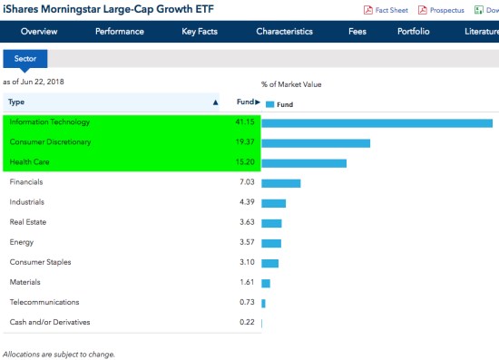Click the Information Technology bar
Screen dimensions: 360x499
(377, 122)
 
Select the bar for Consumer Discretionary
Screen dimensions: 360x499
(316, 143)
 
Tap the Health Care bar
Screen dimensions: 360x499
(304, 163)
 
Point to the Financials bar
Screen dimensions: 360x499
(280, 183)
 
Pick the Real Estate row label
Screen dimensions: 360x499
(27, 222)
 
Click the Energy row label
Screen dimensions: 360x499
(22, 242)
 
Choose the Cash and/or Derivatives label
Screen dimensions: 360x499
(49, 322)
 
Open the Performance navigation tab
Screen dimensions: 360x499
(120, 32)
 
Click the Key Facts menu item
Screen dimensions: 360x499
(201, 32)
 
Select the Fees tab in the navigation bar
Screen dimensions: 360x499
(357, 32)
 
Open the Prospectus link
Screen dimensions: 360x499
(445, 10)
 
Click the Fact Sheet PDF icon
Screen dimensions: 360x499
(368, 10)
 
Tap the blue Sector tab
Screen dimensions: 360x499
(24, 59)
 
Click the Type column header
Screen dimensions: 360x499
(16, 102)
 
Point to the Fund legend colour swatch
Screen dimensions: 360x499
(269, 104)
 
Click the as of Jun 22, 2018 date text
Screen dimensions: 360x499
(34, 83)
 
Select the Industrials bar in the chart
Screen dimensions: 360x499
(273, 203)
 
